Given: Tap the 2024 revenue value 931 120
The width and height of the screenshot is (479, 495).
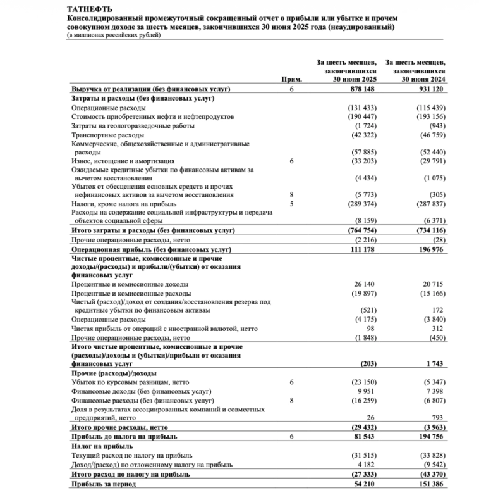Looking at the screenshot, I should coord(430,90).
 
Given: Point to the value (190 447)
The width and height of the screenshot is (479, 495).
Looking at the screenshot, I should coord(362,117).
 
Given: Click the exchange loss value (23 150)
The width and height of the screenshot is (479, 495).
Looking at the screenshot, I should coord(363,383).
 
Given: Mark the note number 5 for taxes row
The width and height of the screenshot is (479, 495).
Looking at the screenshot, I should coord(291,204).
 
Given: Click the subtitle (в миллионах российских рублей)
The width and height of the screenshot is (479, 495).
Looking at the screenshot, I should coord(114,35).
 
